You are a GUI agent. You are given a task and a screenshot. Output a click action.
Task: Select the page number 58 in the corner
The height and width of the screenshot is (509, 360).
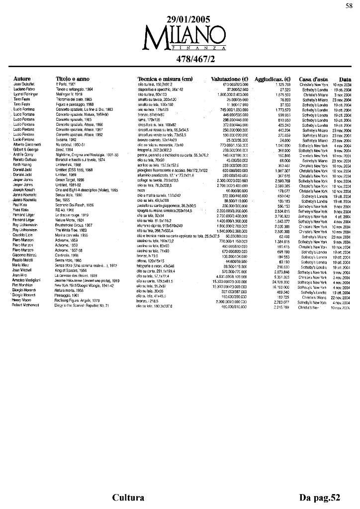click(348, 5)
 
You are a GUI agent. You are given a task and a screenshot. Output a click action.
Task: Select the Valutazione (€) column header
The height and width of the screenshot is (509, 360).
click(230, 79)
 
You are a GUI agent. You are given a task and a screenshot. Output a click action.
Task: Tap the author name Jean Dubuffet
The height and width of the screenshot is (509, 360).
click(24, 85)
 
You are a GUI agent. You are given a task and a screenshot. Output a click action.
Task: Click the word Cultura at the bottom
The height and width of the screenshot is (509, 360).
click(128, 498)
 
